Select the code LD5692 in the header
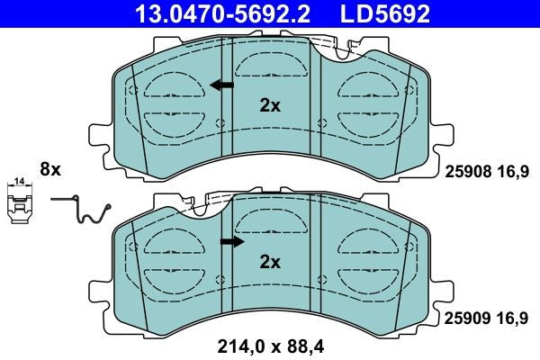(382, 13)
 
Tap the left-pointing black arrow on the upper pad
(220, 85)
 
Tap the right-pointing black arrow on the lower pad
(232, 241)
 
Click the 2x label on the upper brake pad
(270, 105)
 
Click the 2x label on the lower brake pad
(270, 262)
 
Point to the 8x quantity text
(49, 168)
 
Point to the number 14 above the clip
(19, 184)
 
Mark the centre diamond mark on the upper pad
(220, 123)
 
